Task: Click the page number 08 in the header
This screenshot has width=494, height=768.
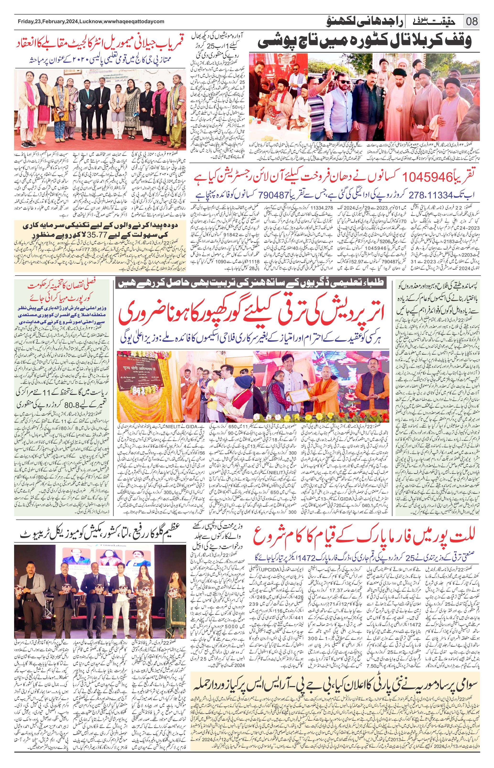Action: pos(471,22)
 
